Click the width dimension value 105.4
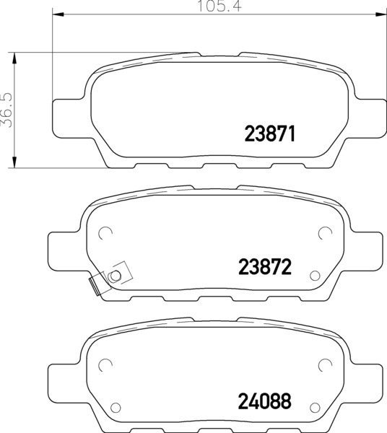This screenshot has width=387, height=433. click(219, 6)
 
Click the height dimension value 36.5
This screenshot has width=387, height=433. click(7, 110)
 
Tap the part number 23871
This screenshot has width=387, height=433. click(271, 134)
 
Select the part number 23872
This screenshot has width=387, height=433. click(265, 267)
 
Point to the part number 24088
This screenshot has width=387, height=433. click(265, 401)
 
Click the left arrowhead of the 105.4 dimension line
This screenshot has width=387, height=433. click(58, 14)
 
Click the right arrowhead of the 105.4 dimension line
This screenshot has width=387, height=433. click(381, 14)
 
